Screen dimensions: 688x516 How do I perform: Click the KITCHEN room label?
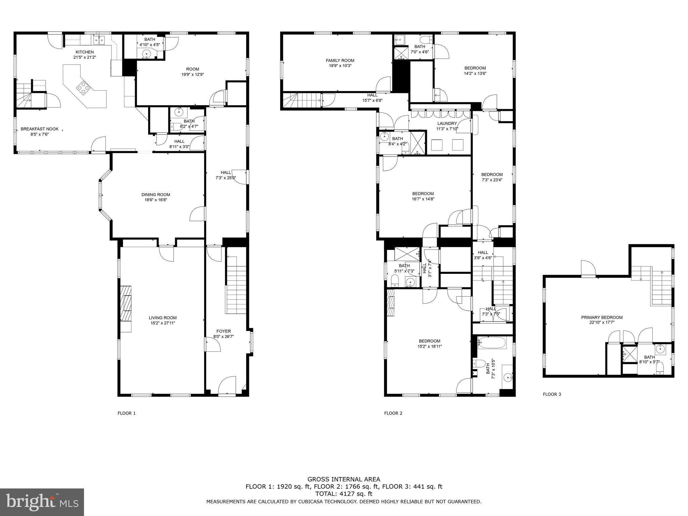85,52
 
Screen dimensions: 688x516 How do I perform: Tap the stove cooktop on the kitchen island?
84,88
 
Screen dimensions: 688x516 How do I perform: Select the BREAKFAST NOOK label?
40,129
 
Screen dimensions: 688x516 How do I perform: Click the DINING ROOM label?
156,195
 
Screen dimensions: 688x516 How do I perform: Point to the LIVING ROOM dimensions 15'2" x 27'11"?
163,323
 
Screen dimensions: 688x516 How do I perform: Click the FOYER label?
223,331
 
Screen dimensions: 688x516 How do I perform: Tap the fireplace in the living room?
126,309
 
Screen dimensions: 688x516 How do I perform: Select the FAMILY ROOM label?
340,60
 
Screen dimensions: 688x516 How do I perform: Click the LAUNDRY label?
447,123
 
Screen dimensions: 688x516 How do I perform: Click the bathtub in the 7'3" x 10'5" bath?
492,343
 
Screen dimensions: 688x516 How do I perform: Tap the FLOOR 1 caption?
127,413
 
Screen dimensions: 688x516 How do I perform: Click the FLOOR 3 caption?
552,394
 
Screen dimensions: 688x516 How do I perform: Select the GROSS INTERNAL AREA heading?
344,479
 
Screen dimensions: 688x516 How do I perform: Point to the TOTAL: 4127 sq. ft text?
344,494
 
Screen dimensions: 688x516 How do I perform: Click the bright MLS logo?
42,502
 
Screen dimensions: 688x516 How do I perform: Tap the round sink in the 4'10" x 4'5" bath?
147,54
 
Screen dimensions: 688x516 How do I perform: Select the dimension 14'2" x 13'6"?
475,73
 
